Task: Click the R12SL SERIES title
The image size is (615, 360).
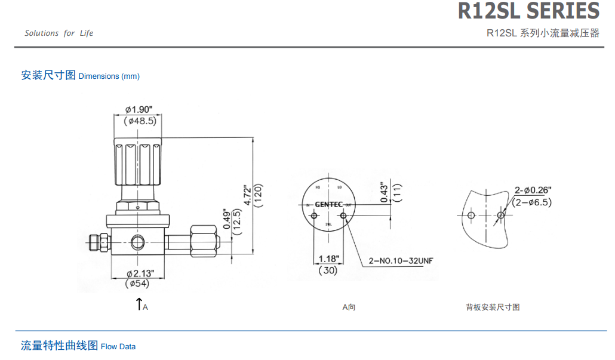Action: pyautogui.click(x=528, y=11)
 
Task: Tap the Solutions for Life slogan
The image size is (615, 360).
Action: pyautogui.click(x=59, y=33)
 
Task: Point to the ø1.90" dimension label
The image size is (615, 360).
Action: pyautogui.click(x=139, y=109)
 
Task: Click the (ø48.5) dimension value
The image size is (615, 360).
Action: pyautogui.click(x=140, y=121)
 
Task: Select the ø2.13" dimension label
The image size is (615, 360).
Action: pyautogui.click(x=140, y=273)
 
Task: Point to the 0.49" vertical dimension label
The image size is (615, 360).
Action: pyautogui.click(x=227, y=219)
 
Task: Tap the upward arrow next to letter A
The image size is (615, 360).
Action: pyautogui.click(x=139, y=303)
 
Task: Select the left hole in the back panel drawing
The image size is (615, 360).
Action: pyautogui.click(x=472, y=215)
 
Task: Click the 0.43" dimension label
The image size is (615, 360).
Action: pyautogui.click(x=385, y=192)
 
